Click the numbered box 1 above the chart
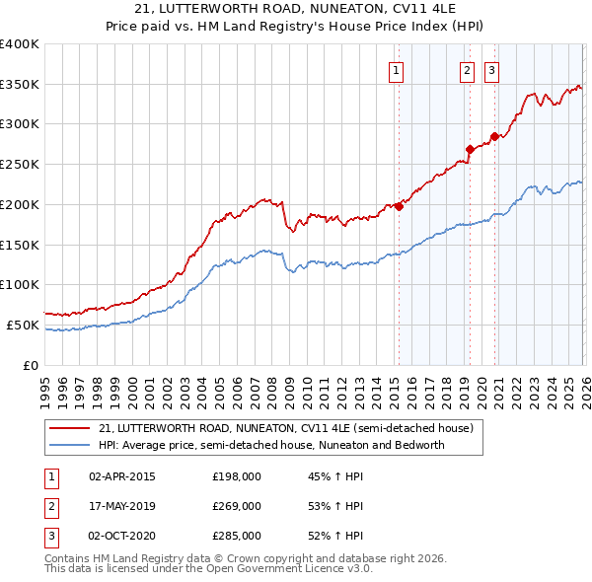pos(396,70)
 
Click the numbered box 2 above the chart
pos(467,70)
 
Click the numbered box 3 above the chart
pos(491,70)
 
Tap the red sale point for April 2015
pos(399,206)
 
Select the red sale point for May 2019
pos(470,150)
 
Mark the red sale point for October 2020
pos(494,137)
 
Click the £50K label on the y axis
pos(23,325)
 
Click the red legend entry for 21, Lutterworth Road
pos(286,428)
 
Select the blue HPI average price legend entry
pos(271,445)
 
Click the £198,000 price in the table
pos(237,476)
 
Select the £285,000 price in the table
pos(237,536)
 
